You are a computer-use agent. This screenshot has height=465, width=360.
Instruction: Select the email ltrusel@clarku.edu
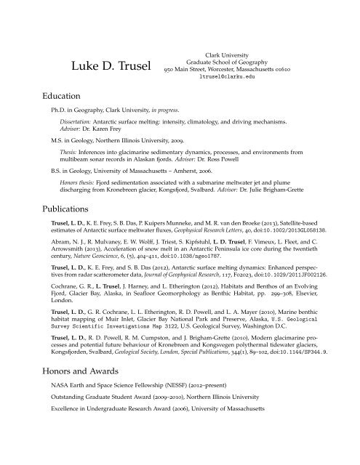tap(239, 76)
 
